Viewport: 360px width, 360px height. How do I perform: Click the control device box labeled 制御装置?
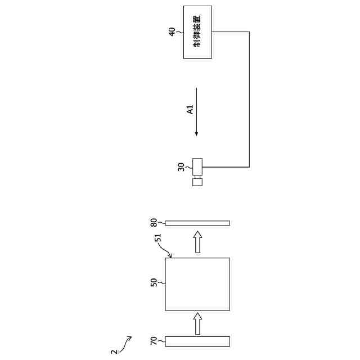point(197,32)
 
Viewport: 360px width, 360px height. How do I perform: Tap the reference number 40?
point(173,31)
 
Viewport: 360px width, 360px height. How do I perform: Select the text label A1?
point(190,110)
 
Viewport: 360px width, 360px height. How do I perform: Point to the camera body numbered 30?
point(197,165)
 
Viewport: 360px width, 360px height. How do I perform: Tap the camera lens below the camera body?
point(197,181)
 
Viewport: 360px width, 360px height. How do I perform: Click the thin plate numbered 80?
point(197,223)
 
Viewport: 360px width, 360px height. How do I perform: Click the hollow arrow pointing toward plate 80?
point(197,241)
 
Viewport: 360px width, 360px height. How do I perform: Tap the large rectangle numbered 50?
point(197,284)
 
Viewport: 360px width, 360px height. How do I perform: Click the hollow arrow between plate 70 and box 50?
point(197,323)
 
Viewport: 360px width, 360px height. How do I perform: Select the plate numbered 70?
point(197,341)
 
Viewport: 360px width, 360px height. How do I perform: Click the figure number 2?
point(115,352)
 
